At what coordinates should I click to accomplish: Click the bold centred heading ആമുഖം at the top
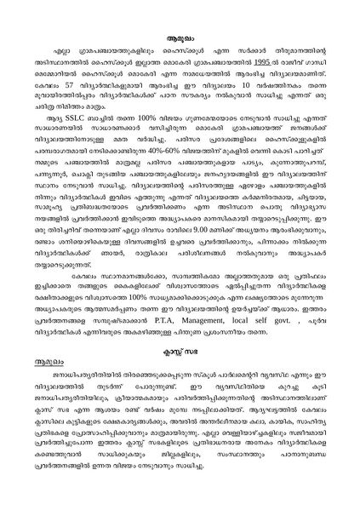click(180, 38)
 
